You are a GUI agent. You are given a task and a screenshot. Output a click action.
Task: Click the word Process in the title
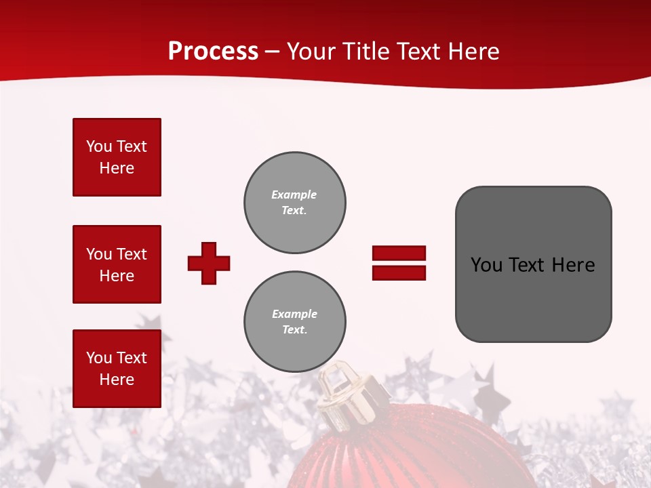tap(213, 52)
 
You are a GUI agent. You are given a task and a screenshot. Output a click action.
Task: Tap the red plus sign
tap(209, 263)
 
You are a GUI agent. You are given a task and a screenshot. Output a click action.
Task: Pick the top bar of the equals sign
tap(399, 253)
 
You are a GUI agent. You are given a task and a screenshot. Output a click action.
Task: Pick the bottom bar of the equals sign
tap(399, 272)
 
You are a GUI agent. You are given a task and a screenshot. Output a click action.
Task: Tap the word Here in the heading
tap(474, 52)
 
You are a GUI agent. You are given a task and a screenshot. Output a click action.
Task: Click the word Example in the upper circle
tap(294, 195)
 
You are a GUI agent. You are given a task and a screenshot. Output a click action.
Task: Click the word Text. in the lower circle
tap(294, 329)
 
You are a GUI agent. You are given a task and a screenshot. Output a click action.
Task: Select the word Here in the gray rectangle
tap(573, 265)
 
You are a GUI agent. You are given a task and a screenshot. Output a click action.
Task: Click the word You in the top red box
tap(98, 146)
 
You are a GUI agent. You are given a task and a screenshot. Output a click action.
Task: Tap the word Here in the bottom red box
tap(117, 380)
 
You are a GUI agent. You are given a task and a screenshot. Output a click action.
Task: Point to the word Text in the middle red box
tap(132, 254)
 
